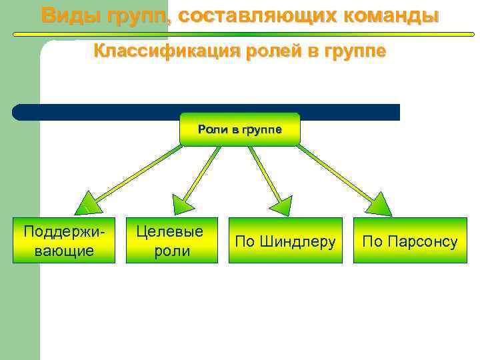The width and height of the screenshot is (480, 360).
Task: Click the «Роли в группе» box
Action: click(240, 129)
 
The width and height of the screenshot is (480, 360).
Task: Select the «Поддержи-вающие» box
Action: click(64, 240)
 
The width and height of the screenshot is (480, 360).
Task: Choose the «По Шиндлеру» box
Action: click(285, 240)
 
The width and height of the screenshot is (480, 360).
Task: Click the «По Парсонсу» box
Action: click(410, 240)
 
